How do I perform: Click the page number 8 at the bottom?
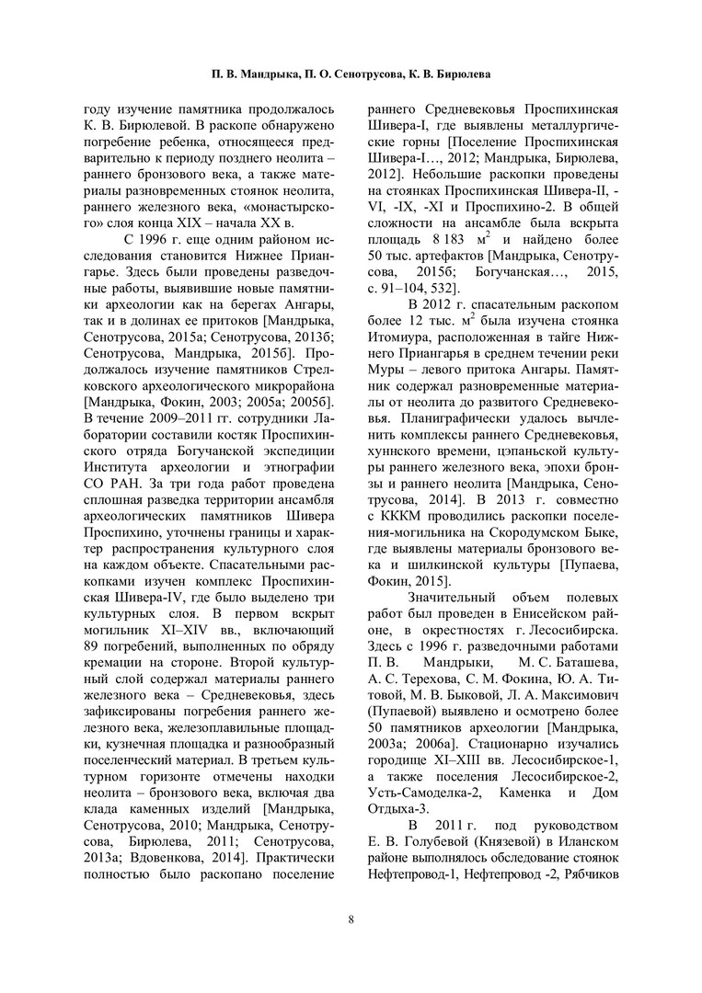[351, 918]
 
